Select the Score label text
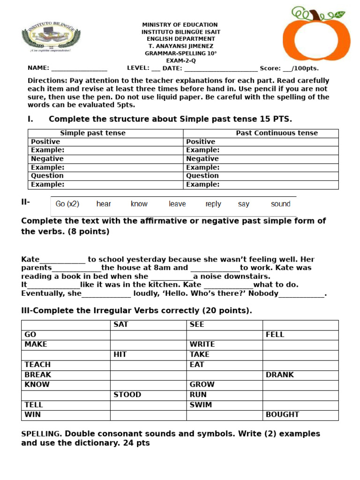(270, 68)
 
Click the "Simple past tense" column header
(93, 133)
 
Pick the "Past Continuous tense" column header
(277, 133)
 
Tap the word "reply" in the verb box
(213, 204)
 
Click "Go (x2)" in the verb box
(67, 204)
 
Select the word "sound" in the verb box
(280, 204)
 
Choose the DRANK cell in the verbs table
(279, 375)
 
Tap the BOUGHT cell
(282, 414)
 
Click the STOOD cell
(127, 395)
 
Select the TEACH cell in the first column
(37, 364)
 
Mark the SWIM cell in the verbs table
(201, 405)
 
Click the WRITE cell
(202, 344)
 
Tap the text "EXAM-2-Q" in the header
(180, 60)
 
